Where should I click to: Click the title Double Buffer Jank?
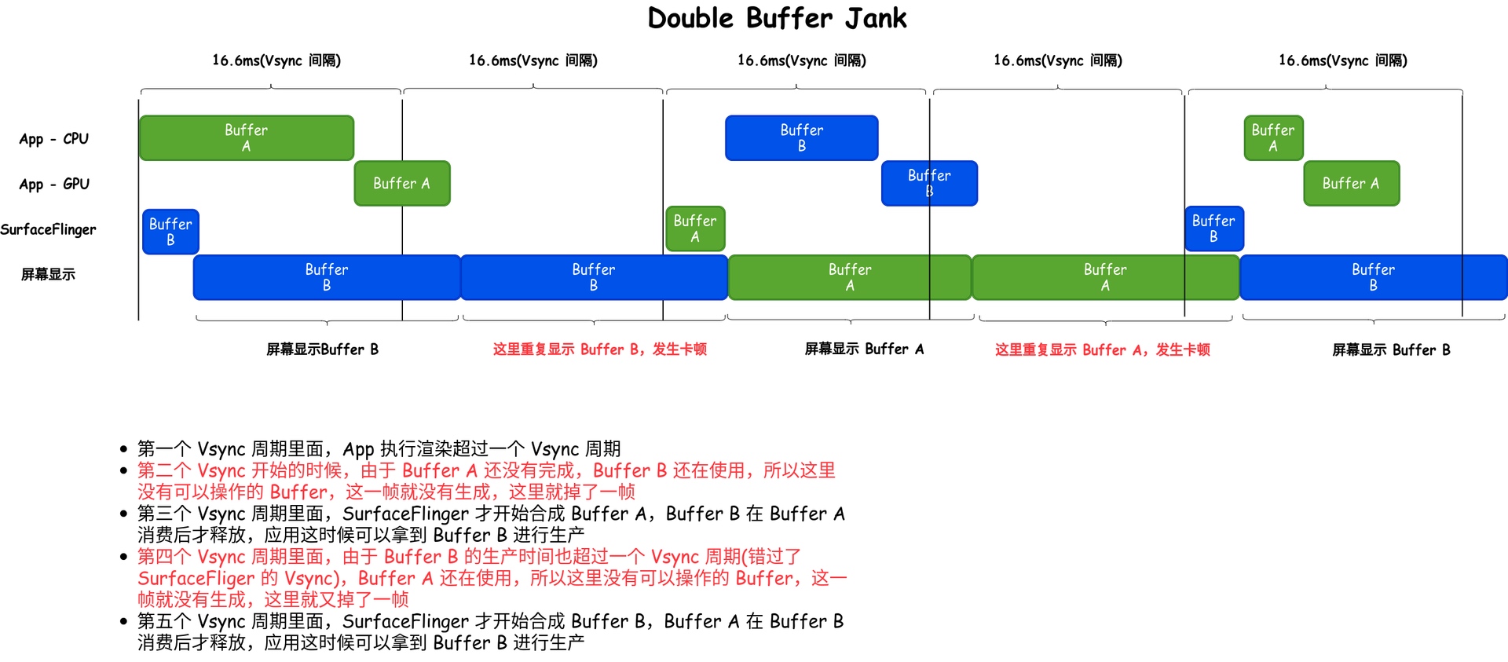(777, 18)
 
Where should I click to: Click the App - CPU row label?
(53, 139)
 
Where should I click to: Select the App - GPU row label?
(54, 185)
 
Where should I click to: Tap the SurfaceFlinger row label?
(48, 229)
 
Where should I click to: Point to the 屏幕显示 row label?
(48, 274)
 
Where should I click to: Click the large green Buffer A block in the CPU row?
(246, 138)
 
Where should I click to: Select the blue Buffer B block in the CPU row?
(801, 138)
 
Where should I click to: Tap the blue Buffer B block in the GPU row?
(929, 184)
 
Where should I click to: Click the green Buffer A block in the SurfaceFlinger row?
(695, 229)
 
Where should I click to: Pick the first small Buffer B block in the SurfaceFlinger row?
(170, 232)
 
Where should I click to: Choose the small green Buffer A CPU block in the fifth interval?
(1273, 138)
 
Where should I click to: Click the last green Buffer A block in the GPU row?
(1351, 184)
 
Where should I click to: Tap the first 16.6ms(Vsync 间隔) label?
(276, 60)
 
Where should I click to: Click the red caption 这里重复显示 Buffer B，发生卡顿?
(599, 349)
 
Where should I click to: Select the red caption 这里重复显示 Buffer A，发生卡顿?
(1102, 350)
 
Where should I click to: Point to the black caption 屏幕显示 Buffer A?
(864, 349)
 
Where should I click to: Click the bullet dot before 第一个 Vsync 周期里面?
(123, 449)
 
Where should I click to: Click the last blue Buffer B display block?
(1373, 277)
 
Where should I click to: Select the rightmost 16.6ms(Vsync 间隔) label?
(1342, 60)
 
